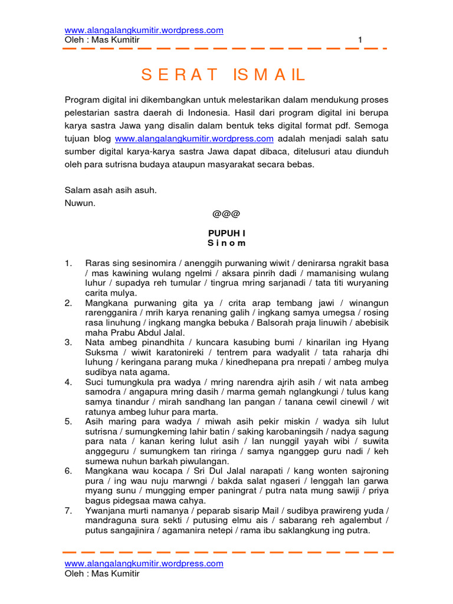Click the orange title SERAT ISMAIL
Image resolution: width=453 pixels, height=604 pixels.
coord(223,75)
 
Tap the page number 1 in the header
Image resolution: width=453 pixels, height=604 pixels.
coord(360,40)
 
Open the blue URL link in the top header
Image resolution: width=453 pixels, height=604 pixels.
coord(143,30)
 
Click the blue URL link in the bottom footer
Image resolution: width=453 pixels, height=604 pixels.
coord(143,563)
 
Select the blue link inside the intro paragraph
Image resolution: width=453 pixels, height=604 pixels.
coord(194,139)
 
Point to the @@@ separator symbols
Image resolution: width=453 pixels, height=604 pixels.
coord(226,214)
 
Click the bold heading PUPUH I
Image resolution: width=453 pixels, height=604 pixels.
coord(226,234)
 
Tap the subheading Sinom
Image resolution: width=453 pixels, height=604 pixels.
coord(226,243)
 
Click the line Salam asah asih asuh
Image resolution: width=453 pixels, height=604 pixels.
coord(110,191)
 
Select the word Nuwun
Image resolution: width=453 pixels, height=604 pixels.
coord(80,203)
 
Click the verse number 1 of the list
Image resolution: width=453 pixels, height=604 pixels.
coord(68,262)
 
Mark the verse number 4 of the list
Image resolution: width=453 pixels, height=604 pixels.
coord(68,382)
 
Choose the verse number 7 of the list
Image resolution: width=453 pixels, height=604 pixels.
coord(68,510)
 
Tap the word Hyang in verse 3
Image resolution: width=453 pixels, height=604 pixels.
coord(375,342)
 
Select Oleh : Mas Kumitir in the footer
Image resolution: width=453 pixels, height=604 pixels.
coord(101,573)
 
